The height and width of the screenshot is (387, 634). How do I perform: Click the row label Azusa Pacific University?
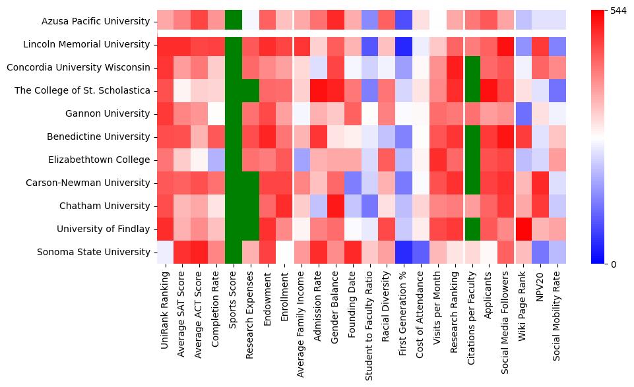(96, 21)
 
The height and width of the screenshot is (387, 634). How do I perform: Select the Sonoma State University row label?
(94, 252)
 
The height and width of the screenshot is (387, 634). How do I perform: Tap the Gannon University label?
(108, 113)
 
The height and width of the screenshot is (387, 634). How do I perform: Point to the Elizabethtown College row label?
(100, 160)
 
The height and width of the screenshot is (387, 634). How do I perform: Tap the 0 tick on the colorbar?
(614, 264)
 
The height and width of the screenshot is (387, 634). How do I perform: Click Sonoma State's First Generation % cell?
(405, 252)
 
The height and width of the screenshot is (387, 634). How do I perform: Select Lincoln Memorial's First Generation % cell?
(405, 44)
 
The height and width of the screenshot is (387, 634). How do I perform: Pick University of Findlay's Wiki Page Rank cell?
(524, 229)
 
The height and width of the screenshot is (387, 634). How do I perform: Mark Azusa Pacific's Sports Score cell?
(234, 21)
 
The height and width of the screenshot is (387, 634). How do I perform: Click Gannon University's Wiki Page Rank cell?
(524, 113)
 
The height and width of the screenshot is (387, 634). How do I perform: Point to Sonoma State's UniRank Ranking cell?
(166, 252)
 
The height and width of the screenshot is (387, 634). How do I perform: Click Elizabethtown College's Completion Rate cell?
(217, 160)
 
